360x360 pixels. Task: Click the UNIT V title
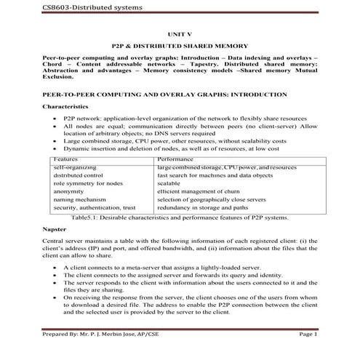(x=179, y=33)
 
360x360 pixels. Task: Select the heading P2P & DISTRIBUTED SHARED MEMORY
(x=179, y=45)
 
